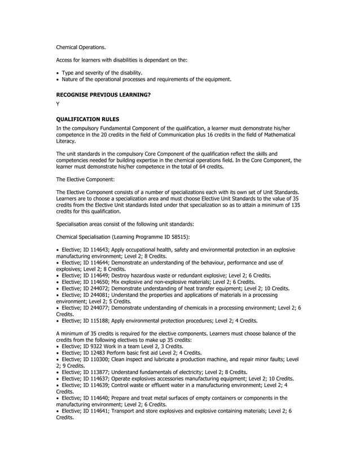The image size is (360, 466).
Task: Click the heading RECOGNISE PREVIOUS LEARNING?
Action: coord(103,95)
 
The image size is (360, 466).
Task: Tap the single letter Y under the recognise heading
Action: coord(58,104)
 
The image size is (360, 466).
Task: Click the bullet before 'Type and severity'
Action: coord(58,73)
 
